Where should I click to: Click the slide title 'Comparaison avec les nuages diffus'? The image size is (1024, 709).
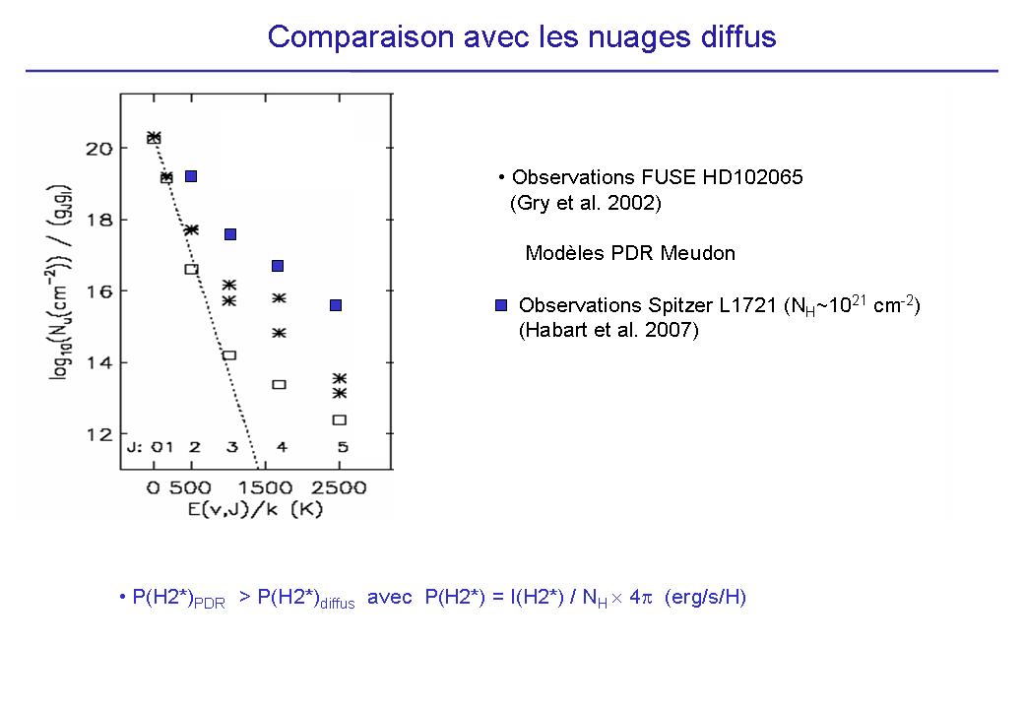[x=522, y=37]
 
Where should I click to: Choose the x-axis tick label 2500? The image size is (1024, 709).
[x=340, y=487]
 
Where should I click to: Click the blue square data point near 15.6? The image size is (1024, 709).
[x=336, y=305]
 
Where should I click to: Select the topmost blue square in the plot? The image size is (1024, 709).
[x=191, y=176]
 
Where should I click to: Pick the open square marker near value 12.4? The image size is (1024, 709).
[x=340, y=419]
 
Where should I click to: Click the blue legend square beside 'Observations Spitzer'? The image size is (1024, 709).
[x=500, y=305]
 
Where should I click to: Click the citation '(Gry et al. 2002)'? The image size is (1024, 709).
[x=585, y=204]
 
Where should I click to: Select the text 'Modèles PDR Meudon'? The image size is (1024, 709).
[x=630, y=253]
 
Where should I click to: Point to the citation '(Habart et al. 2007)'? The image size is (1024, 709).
[x=608, y=331]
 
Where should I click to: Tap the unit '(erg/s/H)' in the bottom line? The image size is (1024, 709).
[x=705, y=598]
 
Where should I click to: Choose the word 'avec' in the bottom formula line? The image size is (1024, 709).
[x=389, y=598]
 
